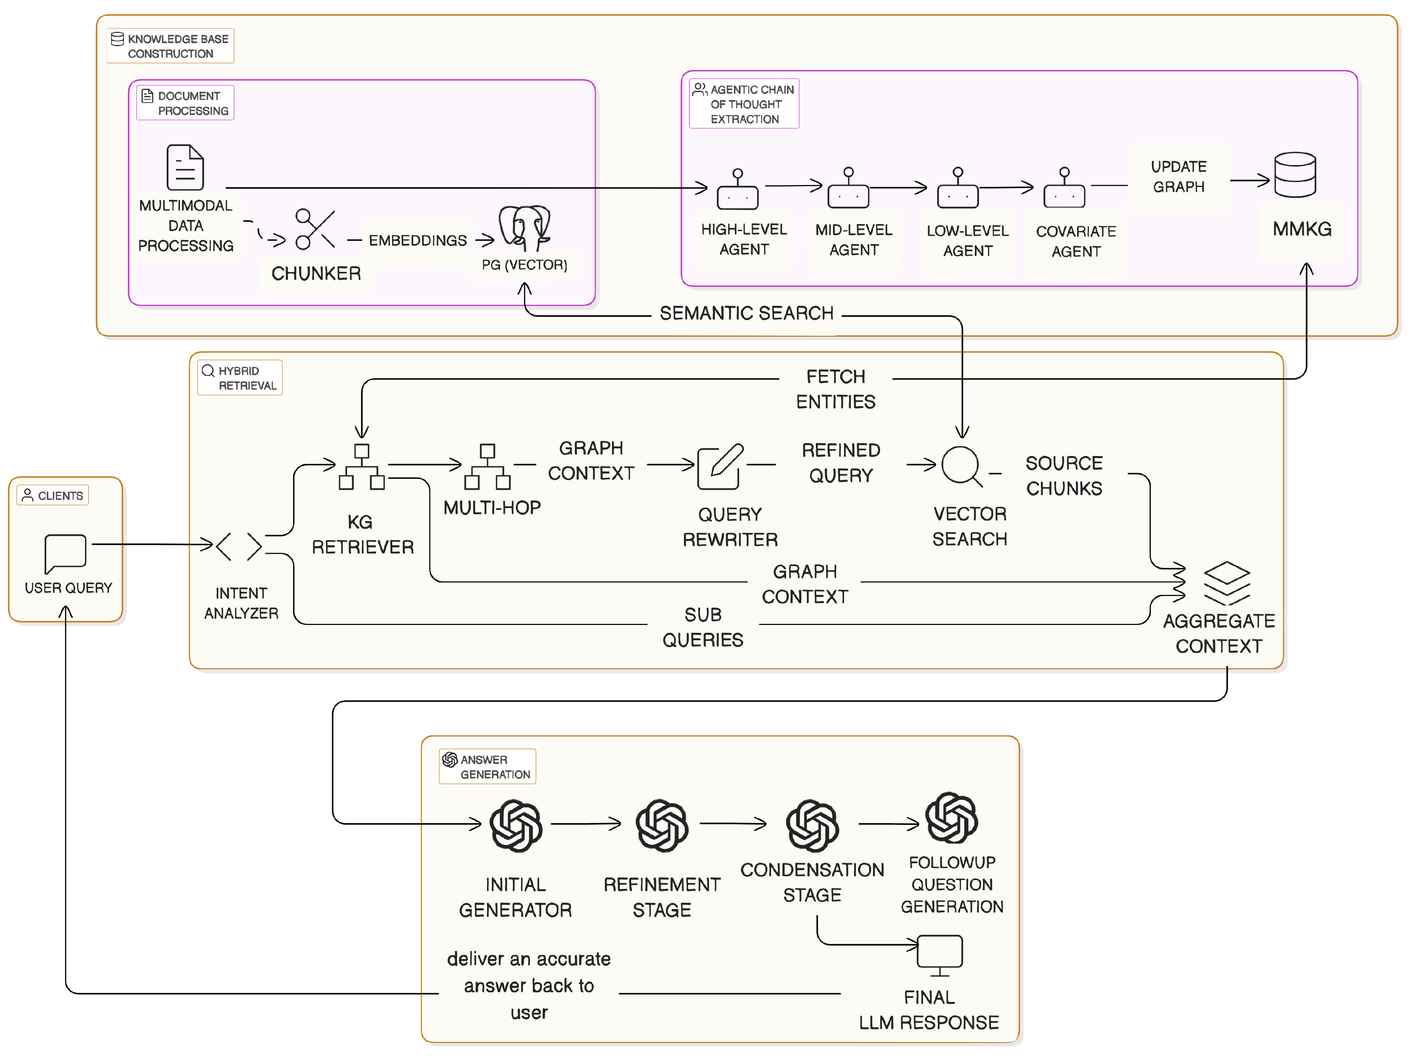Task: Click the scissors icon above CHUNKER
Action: [315, 228]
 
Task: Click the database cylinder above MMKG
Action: [1294, 175]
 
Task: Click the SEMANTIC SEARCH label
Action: [746, 313]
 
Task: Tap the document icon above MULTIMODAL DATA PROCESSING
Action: [185, 168]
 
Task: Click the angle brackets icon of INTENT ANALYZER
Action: [239, 546]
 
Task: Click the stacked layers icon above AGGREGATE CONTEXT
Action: [1226, 583]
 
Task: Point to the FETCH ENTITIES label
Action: [836, 389]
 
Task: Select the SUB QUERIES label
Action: [702, 627]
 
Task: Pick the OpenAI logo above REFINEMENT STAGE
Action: [662, 825]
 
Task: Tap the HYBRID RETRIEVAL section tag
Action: [240, 377]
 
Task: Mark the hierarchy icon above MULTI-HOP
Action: [487, 467]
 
